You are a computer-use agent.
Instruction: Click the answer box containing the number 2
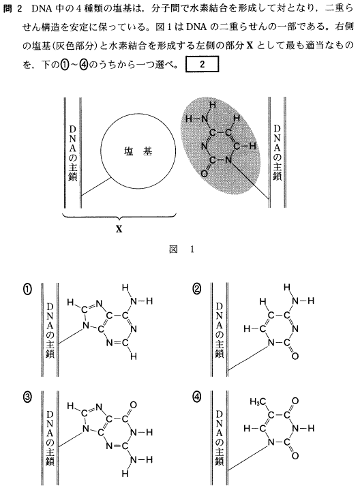tap(202, 64)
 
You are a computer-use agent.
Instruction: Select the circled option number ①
tap(27, 290)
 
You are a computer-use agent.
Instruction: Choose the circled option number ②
tap(197, 290)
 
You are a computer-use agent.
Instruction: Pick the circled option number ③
tap(27, 397)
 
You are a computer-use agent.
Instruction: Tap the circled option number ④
tap(197, 397)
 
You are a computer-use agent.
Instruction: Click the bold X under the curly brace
tap(119, 230)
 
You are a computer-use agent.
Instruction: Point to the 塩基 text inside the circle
tap(138, 151)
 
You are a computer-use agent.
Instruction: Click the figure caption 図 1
tap(181, 249)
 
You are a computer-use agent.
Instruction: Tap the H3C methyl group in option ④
tap(258, 401)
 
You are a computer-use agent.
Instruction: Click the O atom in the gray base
tap(204, 173)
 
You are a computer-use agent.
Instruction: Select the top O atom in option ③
tap(133, 405)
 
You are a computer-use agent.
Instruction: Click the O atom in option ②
tap(295, 356)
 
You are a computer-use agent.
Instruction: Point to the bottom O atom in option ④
tap(295, 456)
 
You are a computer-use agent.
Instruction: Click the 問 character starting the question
tap(7, 8)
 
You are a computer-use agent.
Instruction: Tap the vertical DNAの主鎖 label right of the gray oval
tap(277, 153)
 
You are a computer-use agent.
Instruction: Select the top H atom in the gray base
tap(213, 105)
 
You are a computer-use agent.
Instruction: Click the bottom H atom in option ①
tap(134, 356)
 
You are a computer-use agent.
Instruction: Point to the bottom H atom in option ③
tap(125, 474)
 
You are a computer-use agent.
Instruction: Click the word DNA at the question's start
tap(41, 8)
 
